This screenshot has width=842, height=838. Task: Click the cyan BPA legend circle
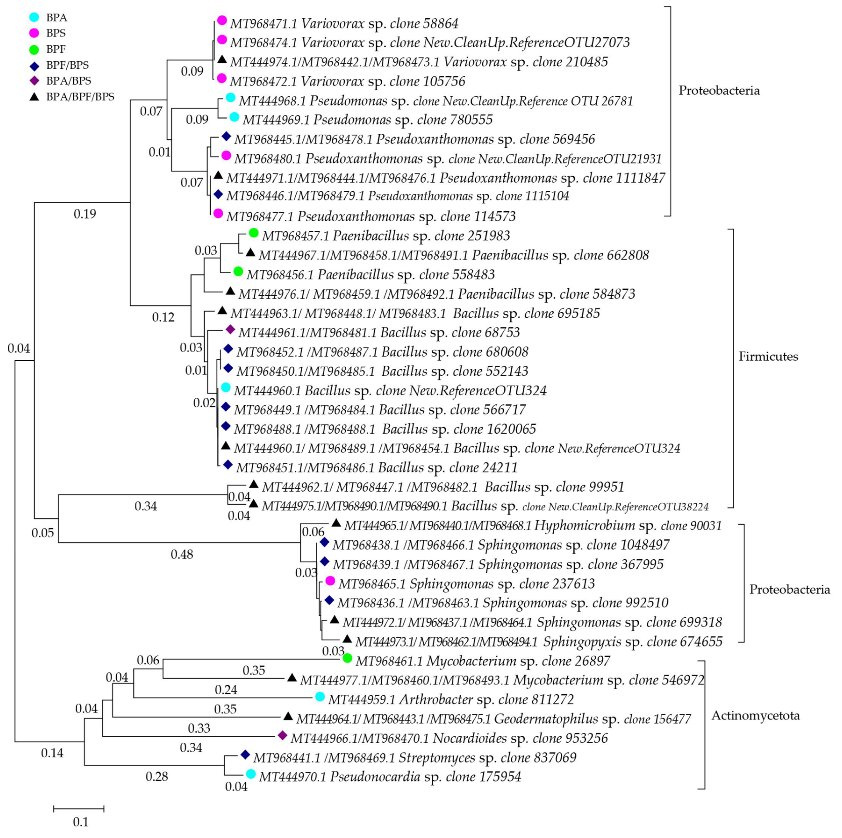pos(34,18)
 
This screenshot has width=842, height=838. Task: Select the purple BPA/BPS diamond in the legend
pos(34,81)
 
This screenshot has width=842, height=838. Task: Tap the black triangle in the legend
pos(34,96)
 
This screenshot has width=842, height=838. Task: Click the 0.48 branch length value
pos(182,554)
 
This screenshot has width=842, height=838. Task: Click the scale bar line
pos(79,809)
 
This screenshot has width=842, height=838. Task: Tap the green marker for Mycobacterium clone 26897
pos(347,658)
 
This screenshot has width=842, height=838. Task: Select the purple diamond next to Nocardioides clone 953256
pos(282,736)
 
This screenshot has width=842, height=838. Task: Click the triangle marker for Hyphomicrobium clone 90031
pos(336,523)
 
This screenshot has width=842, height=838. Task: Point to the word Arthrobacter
pos(436,699)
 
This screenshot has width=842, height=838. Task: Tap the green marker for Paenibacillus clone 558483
pos(238,272)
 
